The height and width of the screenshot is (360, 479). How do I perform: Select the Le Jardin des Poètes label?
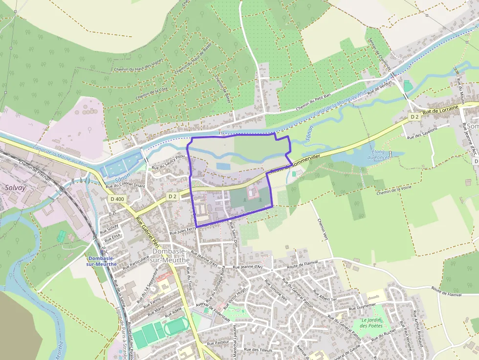point(371,323)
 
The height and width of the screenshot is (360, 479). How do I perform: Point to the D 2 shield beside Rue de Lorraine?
point(414,117)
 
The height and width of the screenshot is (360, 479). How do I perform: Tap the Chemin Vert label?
point(323,230)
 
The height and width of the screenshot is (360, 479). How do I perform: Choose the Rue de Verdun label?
point(380,87)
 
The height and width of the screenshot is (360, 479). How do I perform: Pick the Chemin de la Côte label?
point(152,93)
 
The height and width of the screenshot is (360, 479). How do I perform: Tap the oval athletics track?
point(175,326)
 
